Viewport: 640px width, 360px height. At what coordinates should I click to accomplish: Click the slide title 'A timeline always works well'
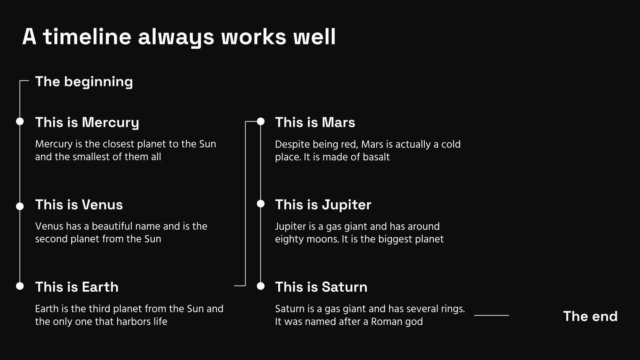(x=179, y=37)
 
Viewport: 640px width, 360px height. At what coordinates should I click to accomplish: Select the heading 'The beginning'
(x=84, y=82)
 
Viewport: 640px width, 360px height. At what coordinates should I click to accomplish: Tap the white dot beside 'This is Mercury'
(x=20, y=122)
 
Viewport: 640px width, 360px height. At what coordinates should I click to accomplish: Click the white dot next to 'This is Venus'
(x=20, y=206)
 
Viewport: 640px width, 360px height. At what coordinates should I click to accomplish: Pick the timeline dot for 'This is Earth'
(x=20, y=286)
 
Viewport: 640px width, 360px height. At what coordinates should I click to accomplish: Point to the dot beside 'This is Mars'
(x=260, y=122)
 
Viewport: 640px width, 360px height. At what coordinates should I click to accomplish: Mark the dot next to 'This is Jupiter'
(x=260, y=204)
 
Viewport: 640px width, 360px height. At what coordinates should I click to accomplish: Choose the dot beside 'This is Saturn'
(x=260, y=286)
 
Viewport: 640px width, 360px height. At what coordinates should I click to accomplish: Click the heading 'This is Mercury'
(x=87, y=123)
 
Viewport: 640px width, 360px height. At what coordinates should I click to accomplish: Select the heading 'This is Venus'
(x=79, y=204)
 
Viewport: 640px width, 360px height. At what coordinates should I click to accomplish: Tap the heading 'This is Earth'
(x=76, y=287)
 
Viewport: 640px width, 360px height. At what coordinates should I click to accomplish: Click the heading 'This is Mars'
(x=315, y=122)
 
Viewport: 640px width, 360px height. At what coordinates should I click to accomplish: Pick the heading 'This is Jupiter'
(x=323, y=205)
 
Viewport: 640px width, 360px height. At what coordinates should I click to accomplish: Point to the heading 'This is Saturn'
(x=321, y=287)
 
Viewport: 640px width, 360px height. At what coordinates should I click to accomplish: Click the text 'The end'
(x=590, y=316)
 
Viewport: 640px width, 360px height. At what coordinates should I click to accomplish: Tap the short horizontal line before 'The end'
(x=492, y=316)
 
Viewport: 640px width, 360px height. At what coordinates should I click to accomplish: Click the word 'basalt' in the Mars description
(x=376, y=157)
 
